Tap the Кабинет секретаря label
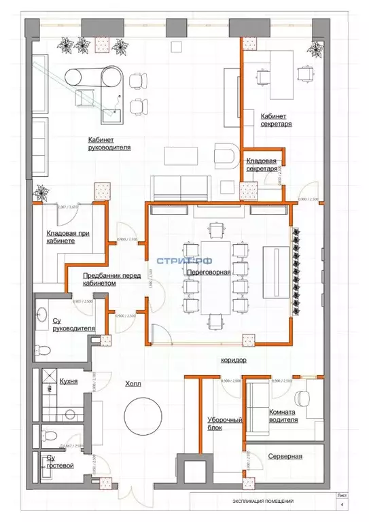277,120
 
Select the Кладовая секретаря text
262,164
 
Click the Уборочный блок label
224,424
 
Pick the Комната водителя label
283,416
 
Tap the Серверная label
284,456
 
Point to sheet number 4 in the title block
342,504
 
